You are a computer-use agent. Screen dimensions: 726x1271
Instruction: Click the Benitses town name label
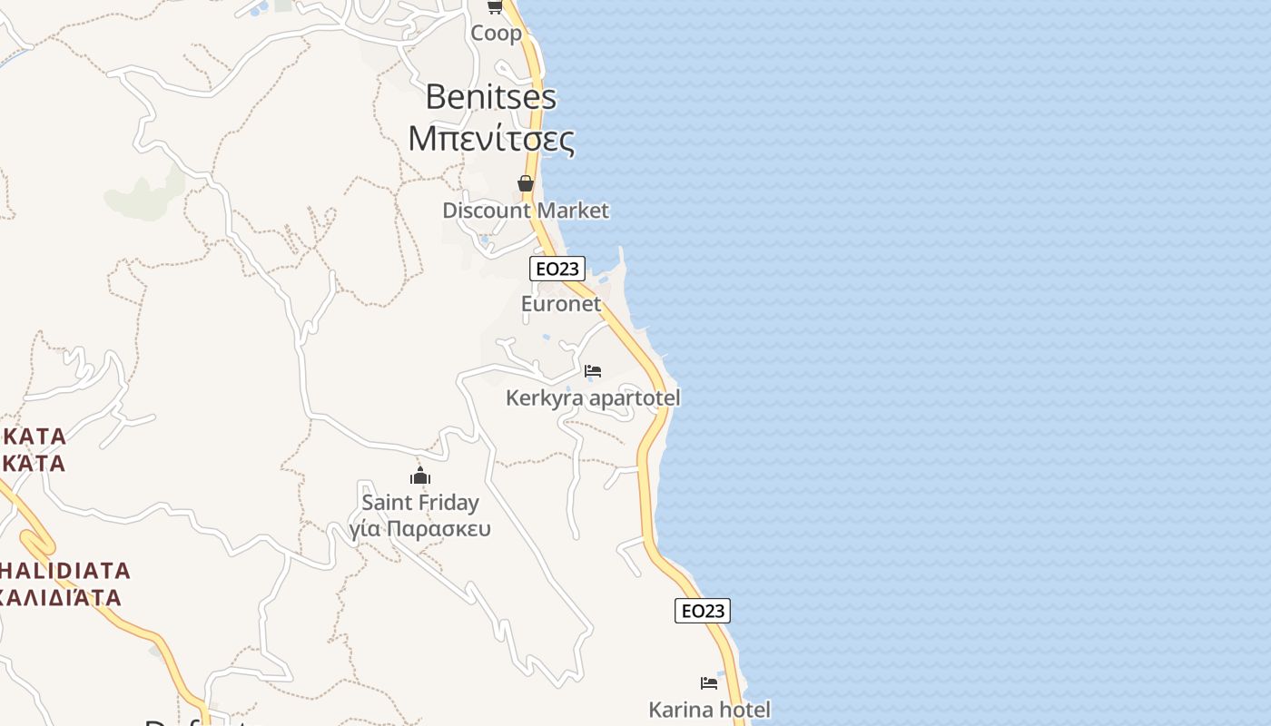point(490,97)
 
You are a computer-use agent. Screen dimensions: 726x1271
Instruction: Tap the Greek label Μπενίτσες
point(490,139)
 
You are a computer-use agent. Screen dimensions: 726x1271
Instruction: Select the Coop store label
point(496,34)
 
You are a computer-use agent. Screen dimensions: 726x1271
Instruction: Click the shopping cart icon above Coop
point(495,6)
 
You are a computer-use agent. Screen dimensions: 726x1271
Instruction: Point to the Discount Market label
point(525,211)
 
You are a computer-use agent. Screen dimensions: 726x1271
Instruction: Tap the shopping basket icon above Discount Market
point(525,183)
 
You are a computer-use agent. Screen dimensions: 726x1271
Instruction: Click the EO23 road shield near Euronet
point(557,269)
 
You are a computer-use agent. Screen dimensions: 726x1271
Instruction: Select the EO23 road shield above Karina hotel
point(703,611)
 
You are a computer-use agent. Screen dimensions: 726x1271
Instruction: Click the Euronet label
point(561,304)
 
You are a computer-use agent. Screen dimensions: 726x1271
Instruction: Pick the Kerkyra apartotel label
point(592,398)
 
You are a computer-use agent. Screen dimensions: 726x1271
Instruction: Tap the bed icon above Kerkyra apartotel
point(593,371)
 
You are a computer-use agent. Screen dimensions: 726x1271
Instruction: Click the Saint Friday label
point(420,503)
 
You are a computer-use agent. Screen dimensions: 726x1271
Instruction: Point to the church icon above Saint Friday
point(420,476)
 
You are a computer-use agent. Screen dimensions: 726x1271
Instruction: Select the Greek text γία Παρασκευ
point(420,529)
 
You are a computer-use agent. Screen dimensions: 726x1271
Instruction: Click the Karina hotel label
point(709,710)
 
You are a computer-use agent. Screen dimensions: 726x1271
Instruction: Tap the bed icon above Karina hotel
point(709,682)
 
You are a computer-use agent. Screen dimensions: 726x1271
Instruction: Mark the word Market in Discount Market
point(572,211)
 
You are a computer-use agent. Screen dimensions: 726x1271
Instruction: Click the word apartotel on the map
point(634,398)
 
